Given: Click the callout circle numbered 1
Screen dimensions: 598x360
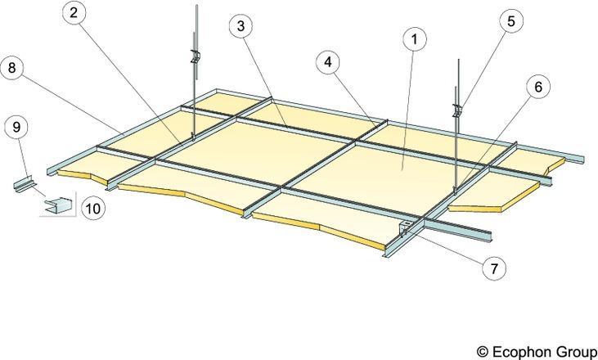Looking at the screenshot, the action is (415, 38).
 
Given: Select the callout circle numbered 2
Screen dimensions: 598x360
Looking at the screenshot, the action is (74, 13).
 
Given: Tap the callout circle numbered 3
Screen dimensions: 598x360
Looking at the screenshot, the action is (241, 26).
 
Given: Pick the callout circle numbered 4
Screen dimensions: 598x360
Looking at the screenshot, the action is (328, 61).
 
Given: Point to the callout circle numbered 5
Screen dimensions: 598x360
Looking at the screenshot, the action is (511, 21).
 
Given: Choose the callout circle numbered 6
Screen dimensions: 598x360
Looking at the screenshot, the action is (538, 87).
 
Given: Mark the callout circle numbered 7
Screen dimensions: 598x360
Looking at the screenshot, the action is (494, 268).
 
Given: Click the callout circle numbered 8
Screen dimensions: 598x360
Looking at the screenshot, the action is (11, 68).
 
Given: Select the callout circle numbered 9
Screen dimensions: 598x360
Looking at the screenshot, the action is (16, 127).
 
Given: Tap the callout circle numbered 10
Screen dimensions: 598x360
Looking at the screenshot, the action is (93, 208).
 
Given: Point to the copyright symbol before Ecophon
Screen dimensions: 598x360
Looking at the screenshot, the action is (483, 351).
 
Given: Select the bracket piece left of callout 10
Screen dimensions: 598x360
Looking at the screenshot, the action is (58, 205).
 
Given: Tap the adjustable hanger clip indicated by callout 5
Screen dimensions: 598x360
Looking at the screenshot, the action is (456, 110).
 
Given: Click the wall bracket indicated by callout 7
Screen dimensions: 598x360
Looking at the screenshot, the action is (404, 227).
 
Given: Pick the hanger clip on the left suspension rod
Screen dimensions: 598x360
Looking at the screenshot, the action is (196, 57).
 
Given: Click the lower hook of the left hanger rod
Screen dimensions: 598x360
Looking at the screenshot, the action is (192, 137).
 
